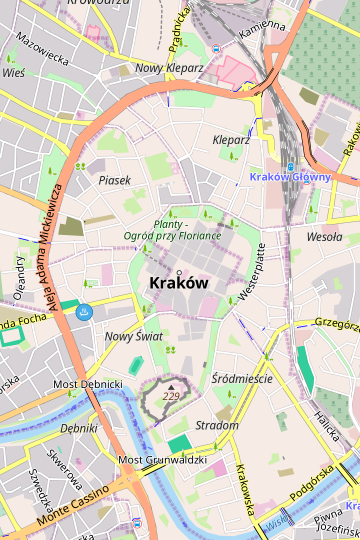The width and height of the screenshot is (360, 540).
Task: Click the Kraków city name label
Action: coord(178,283)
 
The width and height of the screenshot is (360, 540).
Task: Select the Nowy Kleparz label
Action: coord(169,68)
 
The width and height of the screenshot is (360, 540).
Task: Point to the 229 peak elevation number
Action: coord(172,397)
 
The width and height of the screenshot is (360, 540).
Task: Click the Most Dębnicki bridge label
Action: coord(87,384)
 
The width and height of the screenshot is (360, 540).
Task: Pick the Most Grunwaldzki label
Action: coord(162,460)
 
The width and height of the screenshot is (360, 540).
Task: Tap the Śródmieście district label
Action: coord(243,379)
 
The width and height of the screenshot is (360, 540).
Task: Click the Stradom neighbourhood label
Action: coord(217,425)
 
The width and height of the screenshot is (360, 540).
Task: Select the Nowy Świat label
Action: coord(134,337)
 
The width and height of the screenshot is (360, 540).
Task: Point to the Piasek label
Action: coord(115,180)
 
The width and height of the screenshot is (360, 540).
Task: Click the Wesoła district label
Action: coord(324,238)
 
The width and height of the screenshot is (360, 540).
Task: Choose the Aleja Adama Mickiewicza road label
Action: coord(50,245)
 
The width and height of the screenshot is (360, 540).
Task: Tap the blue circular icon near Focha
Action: coord(85,313)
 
